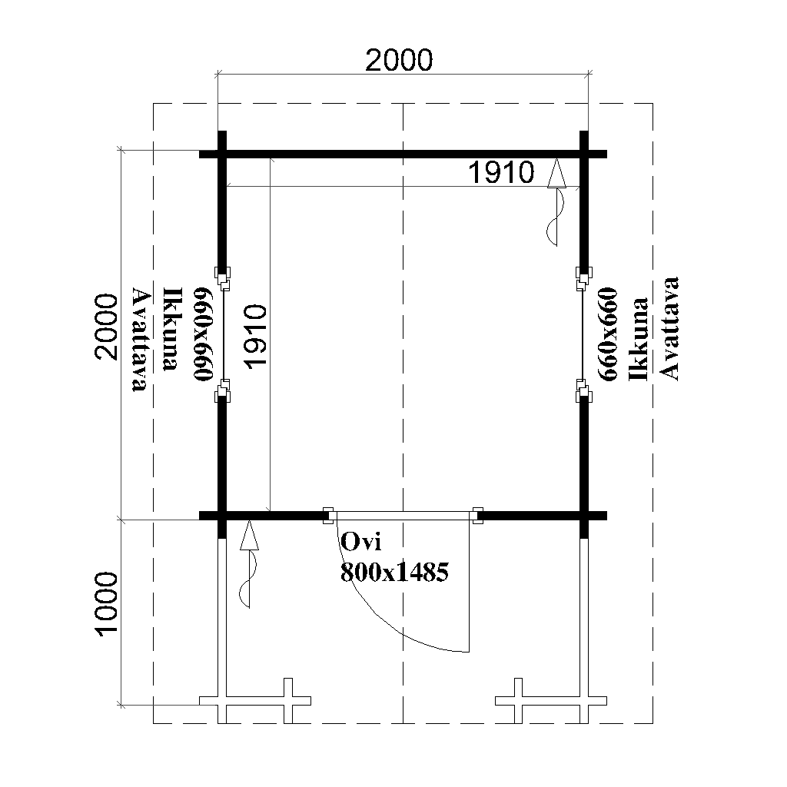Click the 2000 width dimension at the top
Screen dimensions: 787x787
[399, 60]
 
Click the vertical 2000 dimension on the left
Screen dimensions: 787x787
[106, 327]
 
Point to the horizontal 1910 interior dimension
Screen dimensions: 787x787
[501, 172]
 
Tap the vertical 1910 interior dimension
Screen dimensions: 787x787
[254, 337]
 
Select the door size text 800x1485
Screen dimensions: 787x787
[394, 572]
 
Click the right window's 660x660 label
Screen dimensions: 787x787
[607, 334]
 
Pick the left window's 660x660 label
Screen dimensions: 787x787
[204, 334]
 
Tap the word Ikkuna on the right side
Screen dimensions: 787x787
[639, 339]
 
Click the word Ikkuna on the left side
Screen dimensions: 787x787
[173, 329]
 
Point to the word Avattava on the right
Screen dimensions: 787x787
[669, 328]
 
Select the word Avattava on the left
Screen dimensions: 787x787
[140, 339]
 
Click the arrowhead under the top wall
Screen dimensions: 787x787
[556, 173]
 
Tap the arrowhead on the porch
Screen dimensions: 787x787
[249, 535]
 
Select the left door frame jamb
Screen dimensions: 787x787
[329, 516]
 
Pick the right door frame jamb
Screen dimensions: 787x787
[477, 516]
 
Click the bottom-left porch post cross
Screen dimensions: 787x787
[255, 701]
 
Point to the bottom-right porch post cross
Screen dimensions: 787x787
[551, 701]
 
